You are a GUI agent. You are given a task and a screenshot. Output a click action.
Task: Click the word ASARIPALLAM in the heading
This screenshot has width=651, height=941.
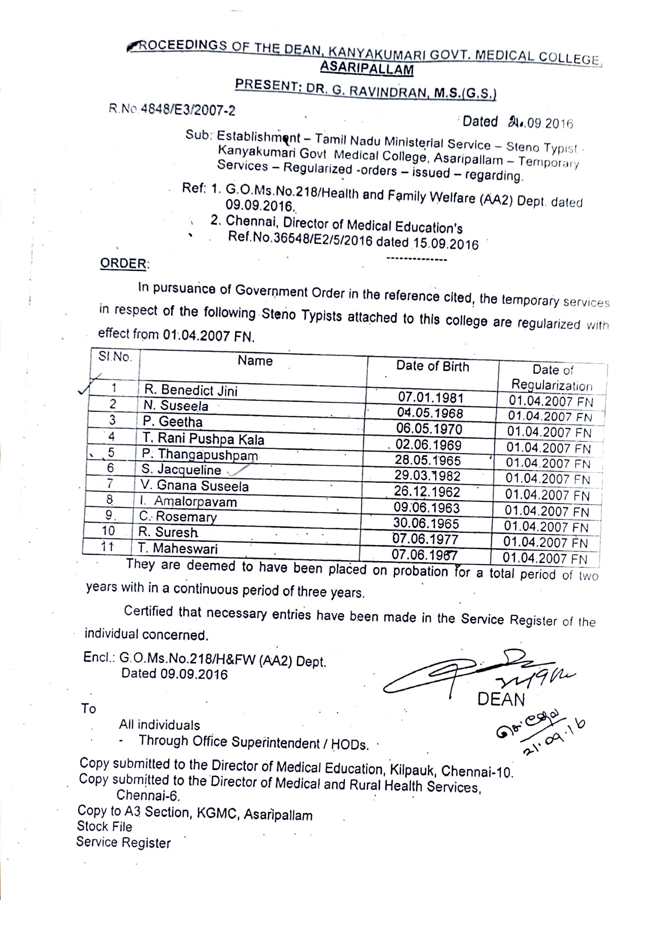(x=367, y=69)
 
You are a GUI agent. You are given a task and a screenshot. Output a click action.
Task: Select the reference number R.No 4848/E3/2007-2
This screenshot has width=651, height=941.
(x=172, y=110)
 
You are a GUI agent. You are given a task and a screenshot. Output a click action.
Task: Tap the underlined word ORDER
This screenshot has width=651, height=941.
(x=123, y=263)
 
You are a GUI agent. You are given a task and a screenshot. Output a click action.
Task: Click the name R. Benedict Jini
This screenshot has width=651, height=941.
(x=190, y=390)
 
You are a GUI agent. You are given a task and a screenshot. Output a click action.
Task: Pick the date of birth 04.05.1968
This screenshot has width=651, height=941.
(x=430, y=413)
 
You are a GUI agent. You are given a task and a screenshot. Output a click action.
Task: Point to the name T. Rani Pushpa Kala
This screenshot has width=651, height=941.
(x=203, y=438)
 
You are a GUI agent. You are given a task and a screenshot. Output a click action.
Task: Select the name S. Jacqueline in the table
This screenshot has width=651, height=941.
(x=181, y=470)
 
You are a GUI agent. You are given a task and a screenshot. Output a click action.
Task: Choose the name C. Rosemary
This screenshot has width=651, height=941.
(x=178, y=517)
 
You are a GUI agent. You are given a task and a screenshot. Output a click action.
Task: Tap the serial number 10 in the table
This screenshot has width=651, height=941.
(x=108, y=531)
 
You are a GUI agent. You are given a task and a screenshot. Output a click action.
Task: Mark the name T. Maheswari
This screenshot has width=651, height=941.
(x=178, y=548)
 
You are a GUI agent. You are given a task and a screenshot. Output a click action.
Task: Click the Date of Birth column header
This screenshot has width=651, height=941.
(x=432, y=366)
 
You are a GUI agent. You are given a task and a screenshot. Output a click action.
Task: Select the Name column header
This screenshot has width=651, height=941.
(x=255, y=361)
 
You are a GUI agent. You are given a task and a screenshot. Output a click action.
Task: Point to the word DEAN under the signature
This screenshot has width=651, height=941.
(x=501, y=699)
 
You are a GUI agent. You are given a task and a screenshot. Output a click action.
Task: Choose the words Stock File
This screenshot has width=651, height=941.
(x=104, y=826)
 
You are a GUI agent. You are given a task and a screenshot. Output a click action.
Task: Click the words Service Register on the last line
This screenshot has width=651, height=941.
(x=123, y=842)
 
